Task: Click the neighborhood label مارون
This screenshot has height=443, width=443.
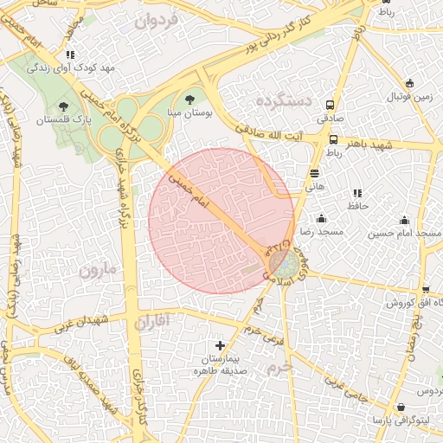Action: (97, 269)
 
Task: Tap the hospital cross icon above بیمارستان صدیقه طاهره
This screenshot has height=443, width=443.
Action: (221, 345)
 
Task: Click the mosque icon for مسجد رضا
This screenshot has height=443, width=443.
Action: (321, 218)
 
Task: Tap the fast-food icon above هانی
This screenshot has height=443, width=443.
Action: (314, 173)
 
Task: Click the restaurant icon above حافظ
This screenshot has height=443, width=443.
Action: (356, 193)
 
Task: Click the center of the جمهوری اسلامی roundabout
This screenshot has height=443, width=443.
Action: (279, 260)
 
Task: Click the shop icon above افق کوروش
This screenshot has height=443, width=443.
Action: (425, 290)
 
